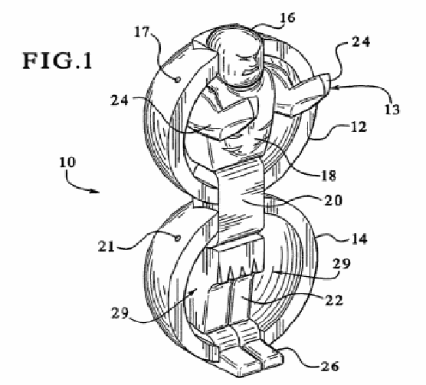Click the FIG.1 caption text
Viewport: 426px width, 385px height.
[x=57, y=61]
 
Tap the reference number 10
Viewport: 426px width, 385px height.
[x=67, y=163]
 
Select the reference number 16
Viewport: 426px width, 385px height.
[x=287, y=18]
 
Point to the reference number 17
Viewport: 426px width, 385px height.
[x=142, y=32]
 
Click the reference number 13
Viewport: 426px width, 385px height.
[x=392, y=110]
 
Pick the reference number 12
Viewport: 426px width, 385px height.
[x=359, y=127]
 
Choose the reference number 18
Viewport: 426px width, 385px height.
[x=329, y=176]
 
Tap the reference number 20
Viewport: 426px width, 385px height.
[x=333, y=201]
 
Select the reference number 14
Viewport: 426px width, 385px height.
[x=359, y=239]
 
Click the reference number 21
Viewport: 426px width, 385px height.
[x=106, y=247]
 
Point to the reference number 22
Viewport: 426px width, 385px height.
[x=334, y=301]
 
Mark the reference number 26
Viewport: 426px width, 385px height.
[x=330, y=367]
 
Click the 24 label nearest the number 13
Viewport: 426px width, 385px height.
[x=361, y=42]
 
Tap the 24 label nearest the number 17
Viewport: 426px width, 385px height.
[x=120, y=100]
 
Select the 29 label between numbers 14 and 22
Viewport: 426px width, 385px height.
[x=342, y=264]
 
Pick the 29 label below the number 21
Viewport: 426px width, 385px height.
[x=120, y=313]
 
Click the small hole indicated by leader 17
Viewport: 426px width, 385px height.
[x=178, y=80]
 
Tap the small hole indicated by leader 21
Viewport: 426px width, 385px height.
[x=178, y=239]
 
